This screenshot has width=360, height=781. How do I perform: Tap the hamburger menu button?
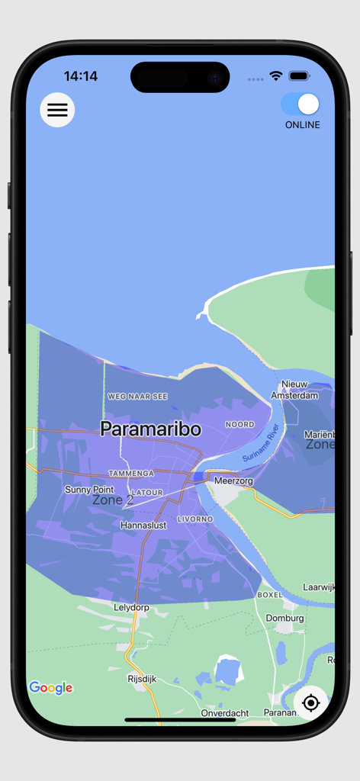tap(57, 110)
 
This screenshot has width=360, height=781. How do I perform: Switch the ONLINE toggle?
tap(301, 104)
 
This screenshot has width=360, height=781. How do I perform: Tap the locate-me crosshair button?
tap(310, 702)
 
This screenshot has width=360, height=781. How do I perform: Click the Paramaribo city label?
tap(151, 429)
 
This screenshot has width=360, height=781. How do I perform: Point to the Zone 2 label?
tap(113, 500)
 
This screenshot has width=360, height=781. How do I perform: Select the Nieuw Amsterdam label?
tap(294, 390)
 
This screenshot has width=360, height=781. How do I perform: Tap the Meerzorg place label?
tap(233, 481)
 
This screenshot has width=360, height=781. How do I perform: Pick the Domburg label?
tap(284, 618)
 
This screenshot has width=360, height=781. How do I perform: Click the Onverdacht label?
tap(225, 713)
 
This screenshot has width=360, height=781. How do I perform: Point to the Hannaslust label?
tap(144, 525)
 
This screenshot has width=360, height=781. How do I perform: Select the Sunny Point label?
tap(89, 490)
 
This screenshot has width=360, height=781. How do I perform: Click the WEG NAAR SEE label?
tap(137, 397)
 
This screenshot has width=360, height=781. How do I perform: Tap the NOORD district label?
tap(239, 424)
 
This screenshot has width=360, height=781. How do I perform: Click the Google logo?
tap(51, 688)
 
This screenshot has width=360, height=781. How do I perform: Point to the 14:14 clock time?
tap(81, 76)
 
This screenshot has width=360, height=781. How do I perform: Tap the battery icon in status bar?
tap(299, 76)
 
